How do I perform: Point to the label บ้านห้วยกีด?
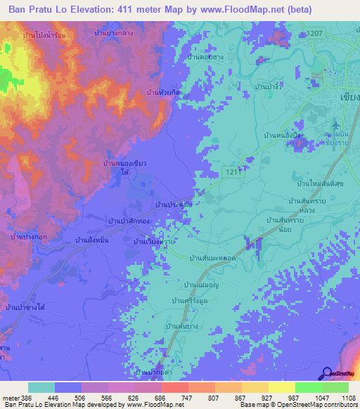coord(162,92)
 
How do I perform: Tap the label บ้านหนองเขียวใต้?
coord(124,167)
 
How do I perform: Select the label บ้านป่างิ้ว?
coord(274,85)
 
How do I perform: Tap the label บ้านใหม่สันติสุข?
coord(319,183)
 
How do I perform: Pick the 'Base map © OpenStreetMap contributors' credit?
coord(298,405)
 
